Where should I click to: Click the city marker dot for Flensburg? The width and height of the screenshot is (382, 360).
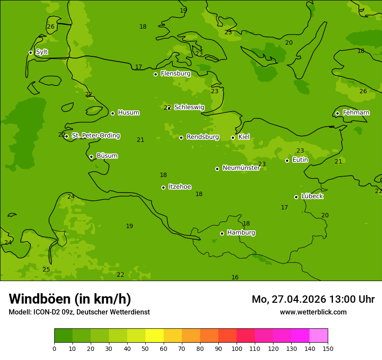click(155, 74)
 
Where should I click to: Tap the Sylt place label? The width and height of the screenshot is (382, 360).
click(42, 52)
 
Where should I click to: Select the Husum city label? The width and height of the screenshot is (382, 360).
click(128, 113)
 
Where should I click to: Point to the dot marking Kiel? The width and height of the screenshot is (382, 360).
click(233, 137)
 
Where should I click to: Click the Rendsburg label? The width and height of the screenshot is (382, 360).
click(203, 137)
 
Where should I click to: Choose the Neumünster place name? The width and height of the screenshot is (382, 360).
click(241, 168)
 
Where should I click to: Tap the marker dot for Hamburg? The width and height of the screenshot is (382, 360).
click(222, 233)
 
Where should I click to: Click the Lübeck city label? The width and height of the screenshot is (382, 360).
click(312, 196)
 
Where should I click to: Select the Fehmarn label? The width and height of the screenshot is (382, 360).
click(356, 113)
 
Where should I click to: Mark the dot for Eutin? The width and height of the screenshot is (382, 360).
click(287, 160)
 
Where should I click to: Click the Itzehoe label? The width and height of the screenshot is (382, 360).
click(180, 187)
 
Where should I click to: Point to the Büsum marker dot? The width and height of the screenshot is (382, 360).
click(91, 157)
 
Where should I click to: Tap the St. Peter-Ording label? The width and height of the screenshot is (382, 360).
click(95, 136)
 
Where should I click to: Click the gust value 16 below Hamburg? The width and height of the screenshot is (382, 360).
click(235, 278)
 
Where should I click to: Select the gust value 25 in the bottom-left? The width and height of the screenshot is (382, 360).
click(46, 270)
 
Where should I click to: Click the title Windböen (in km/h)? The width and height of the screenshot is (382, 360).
click(70, 299)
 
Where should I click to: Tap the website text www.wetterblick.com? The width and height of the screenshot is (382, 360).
click(313, 312)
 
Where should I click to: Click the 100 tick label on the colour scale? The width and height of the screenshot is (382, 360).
click(237, 349)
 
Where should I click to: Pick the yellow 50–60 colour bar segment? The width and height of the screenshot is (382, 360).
click(155, 336)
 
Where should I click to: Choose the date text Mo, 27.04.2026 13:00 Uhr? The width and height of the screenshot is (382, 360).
click(313, 299)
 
